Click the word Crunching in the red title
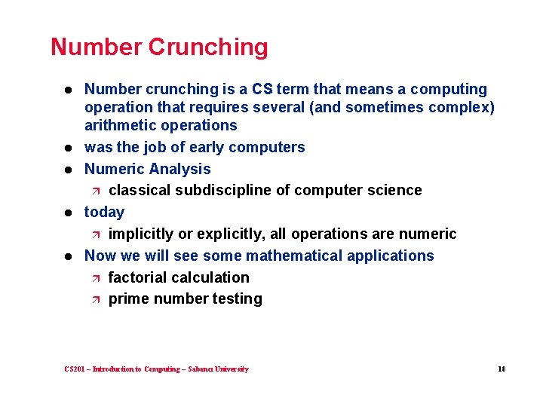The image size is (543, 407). click(x=207, y=47)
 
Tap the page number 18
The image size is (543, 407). click(x=502, y=369)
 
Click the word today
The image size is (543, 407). click(x=104, y=212)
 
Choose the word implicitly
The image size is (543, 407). click(x=143, y=234)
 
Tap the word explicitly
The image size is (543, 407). click(x=232, y=234)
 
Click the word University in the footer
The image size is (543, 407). click(x=232, y=369)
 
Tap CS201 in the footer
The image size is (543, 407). click(x=75, y=369)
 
